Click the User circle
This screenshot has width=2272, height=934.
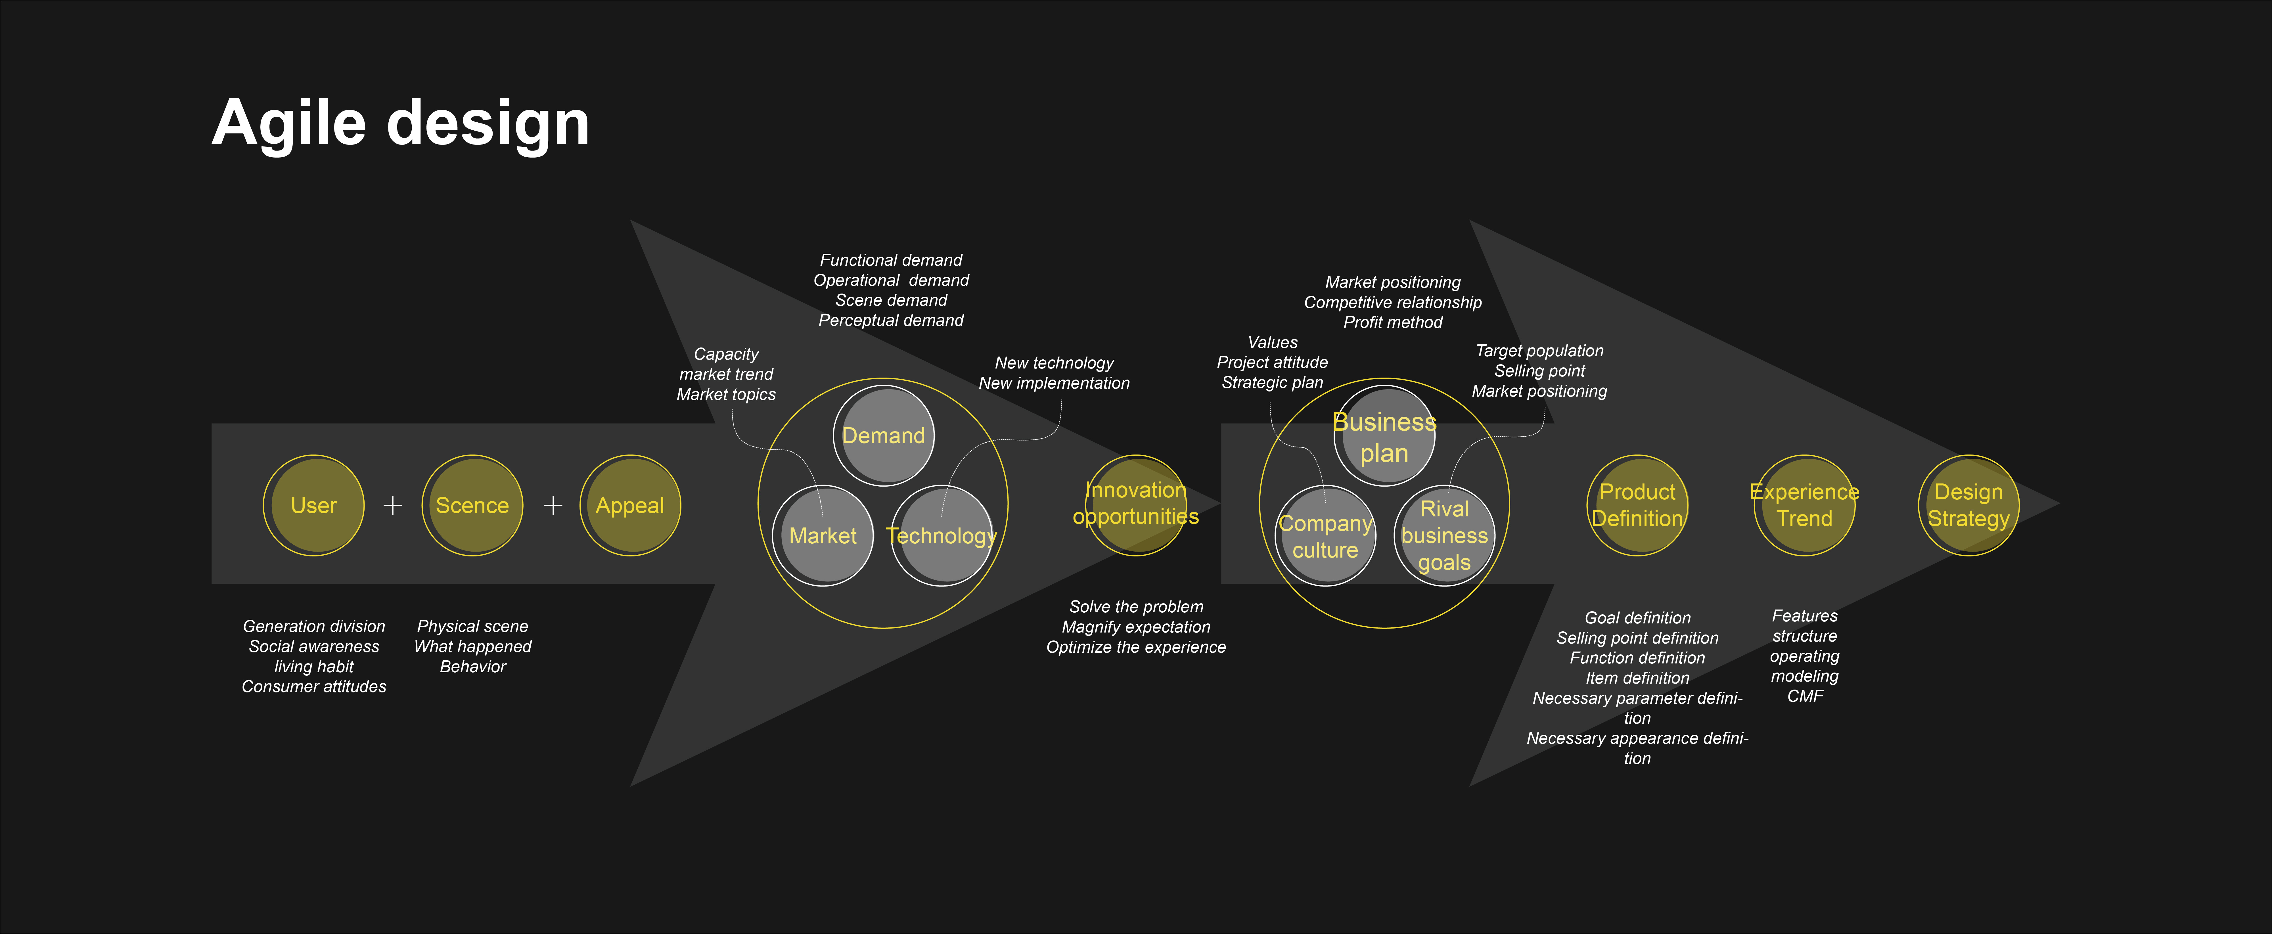coord(314,505)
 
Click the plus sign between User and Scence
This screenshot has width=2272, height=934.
coord(392,505)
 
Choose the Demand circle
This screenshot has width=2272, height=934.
coord(884,436)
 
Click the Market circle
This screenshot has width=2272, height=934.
coord(823,535)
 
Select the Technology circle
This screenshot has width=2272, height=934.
coord(942,535)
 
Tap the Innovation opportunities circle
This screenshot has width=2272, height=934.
coord(1136,505)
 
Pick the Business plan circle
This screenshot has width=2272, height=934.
coord(1385,436)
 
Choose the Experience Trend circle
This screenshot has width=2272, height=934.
coord(1805,505)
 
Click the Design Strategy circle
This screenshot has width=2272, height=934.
coord(1968,505)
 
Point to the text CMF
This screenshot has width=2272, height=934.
coord(1805,696)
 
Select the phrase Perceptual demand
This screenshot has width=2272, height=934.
coord(891,320)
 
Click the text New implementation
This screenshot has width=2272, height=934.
coord(1054,383)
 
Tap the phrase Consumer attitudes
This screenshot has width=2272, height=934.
coord(314,686)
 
